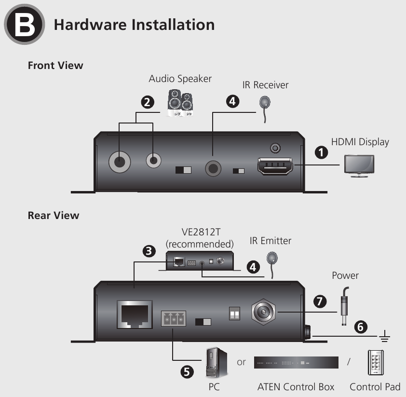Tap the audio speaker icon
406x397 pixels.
coord(180,102)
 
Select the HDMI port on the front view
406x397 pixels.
coord(274,167)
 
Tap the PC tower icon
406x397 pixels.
coord(213,362)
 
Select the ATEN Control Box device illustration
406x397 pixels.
coord(296,362)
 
